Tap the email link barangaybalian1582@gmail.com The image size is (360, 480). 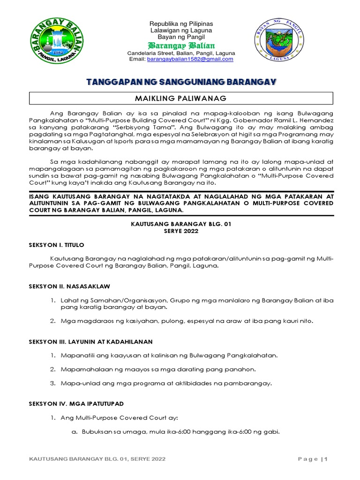click(190, 60)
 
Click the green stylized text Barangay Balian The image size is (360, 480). click(181, 45)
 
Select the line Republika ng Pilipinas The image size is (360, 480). click(181, 23)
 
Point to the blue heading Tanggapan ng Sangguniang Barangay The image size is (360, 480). click(181, 82)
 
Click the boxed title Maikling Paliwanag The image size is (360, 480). click(181, 98)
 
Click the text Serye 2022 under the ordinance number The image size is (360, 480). click(181, 231)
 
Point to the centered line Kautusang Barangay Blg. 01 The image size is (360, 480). click(181, 224)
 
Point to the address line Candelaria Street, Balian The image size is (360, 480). click(181, 53)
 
